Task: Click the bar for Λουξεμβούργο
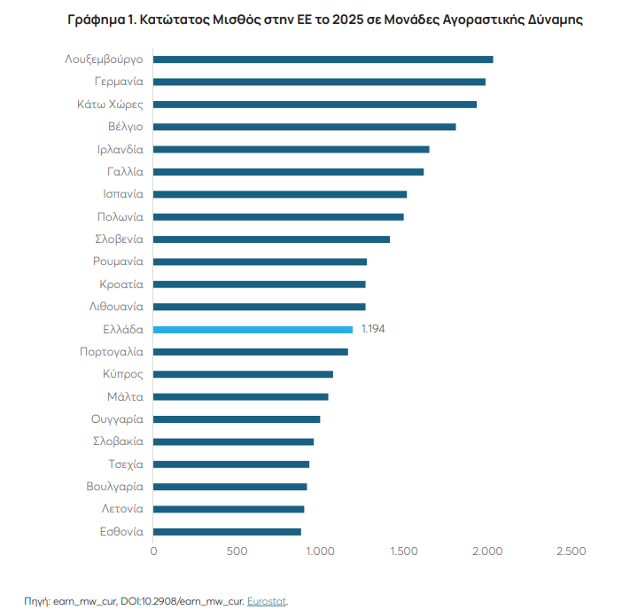coord(323,59)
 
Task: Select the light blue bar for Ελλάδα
coord(253,329)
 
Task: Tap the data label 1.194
coord(373,329)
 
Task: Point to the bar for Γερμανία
coord(320,82)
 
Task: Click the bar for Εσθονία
coord(228,531)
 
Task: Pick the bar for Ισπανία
coord(280,194)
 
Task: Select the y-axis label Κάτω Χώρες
coord(110,105)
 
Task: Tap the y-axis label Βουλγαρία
coord(114,487)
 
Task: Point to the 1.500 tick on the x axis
coord(404,551)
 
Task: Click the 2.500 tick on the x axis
coord(571,551)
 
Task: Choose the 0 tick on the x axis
coord(154,551)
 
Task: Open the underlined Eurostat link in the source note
coord(268,600)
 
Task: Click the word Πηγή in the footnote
coord(36,600)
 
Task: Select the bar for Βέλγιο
coord(305,127)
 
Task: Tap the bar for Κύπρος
coord(244,374)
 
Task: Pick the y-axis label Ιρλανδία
coord(120,149)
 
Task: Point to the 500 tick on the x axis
coord(237,551)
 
